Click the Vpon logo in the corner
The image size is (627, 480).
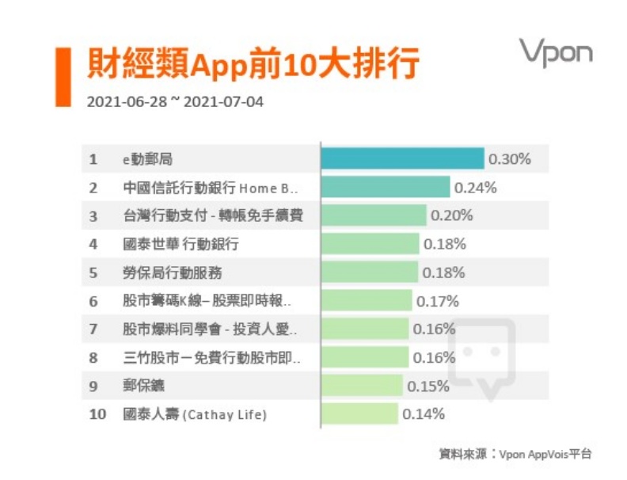tap(555, 52)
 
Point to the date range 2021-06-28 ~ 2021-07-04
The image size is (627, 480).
tap(175, 102)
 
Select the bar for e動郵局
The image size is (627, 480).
tap(402, 158)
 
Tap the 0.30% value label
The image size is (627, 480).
tap(509, 159)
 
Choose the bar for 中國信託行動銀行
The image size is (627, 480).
tap(386, 187)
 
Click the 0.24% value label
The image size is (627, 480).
tap(475, 188)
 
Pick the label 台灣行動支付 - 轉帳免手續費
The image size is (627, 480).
tap(213, 215)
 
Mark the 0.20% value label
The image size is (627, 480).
tap(451, 215)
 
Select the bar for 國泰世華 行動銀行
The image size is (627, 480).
tap(370, 244)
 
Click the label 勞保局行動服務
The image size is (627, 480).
tap(173, 272)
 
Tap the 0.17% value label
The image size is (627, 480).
tap(438, 301)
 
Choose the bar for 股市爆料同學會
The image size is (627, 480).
tap(365, 329)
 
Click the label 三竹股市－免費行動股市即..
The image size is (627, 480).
tap(211, 357)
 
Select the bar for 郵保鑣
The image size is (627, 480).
tap(362, 386)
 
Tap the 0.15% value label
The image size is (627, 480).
tap(427, 386)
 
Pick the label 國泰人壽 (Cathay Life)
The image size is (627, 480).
tap(195, 414)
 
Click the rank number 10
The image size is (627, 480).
tap(97, 414)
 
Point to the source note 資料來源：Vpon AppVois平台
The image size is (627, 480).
tap(515, 454)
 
